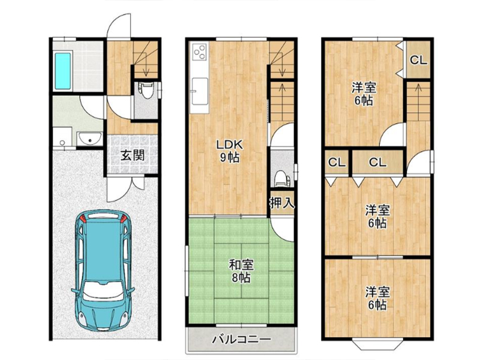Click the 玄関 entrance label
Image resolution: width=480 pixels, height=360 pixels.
(x=133, y=156)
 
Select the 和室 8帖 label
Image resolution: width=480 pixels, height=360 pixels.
(x=241, y=271)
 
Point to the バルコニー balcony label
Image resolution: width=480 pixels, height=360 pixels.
(x=242, y=339)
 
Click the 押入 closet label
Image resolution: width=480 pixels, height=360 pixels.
(x=282, y=203)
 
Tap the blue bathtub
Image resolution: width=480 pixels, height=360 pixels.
(x=63, y=71)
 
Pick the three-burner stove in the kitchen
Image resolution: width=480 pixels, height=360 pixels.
(x=200, y=52)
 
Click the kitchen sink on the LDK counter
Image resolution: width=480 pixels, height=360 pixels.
(x=200, y=91)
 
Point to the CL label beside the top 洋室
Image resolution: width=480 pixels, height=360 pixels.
(x=418, y=61)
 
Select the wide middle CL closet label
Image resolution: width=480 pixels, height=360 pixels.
(x=377, y=162)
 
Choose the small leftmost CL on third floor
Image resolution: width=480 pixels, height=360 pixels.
(x=337, y=162)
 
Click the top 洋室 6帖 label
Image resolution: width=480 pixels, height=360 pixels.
(x=364, y=94)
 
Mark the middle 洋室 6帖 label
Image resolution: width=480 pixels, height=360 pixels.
(x=377, y=217)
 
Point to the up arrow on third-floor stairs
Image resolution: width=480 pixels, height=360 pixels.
(x=418, y=92)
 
